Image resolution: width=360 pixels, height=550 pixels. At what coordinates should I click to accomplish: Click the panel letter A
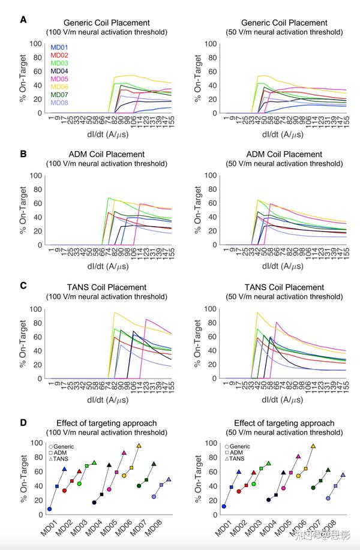[23, 19]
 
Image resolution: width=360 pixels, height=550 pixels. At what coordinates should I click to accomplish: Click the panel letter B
[23, 153]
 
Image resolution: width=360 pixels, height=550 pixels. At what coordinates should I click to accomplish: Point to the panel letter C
[23, 286]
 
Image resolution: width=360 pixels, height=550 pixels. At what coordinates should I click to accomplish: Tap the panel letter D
[23, 422]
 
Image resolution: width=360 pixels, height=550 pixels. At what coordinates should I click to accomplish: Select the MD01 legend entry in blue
[59, 47]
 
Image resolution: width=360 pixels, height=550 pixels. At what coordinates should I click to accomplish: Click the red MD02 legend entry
[59, 55]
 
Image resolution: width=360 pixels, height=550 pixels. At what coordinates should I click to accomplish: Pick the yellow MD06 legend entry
[59, 86]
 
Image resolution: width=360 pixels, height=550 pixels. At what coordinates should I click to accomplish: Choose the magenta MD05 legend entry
[59, 79]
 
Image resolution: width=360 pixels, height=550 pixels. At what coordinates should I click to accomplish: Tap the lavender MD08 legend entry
[59, 102]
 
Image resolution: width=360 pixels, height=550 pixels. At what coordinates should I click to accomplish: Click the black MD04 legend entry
[59, 71]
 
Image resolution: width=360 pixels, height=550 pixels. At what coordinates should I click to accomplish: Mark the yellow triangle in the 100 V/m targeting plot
[139, 446]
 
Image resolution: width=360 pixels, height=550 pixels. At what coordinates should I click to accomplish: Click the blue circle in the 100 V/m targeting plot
[49, 509]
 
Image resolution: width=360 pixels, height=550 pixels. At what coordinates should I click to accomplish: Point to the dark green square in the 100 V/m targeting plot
[146, 480]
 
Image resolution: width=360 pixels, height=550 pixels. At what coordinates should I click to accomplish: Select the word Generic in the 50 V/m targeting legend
[240, 446]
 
